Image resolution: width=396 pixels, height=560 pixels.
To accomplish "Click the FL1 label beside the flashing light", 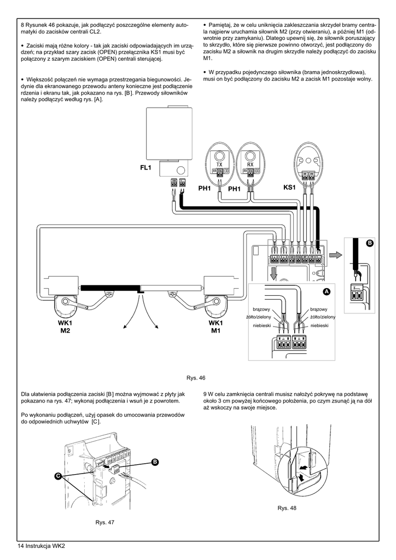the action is pyautogui.click(x=145, y=167).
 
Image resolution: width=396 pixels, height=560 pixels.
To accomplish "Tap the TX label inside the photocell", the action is pyautogui.click(x=219, y=164).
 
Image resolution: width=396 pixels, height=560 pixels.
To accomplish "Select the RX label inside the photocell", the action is pyautogui.click(x=250, y=164).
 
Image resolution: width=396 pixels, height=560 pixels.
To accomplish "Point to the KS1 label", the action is pyautogui.click(x=289, y=187).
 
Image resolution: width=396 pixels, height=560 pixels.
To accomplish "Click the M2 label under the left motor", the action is pyautogui.click(x=65, y=331).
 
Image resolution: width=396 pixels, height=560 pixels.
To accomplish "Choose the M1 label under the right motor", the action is pyautogui.click(x=216, y=331).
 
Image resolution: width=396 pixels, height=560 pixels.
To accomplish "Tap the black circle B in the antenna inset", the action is pyautogui.click(x=370, y=243).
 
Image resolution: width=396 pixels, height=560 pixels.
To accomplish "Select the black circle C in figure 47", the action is pyautogui.click(x=58, y=476).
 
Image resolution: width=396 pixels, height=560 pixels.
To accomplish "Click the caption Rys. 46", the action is pyautogui.click(x=196, y=378).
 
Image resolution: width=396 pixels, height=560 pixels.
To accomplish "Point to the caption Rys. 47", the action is pyautogui.click(x=105, y=522).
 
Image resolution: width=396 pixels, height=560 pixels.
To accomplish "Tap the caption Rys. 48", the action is pyautogui.click(x=287, y=508).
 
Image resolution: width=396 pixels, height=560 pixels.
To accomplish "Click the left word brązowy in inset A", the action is pyautogui.click(x=261, y=310).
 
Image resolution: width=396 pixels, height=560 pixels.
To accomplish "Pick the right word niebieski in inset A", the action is pyautogui.click(x=319, y=325).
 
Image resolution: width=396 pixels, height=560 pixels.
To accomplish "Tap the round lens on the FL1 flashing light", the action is pyautogui.click(x=182, y=170).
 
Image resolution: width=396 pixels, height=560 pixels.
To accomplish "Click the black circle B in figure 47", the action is pyautogui.click(x=155, y=462).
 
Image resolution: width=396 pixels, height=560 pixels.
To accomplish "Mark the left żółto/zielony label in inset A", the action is pyautogui.click(x=259, y=317).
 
